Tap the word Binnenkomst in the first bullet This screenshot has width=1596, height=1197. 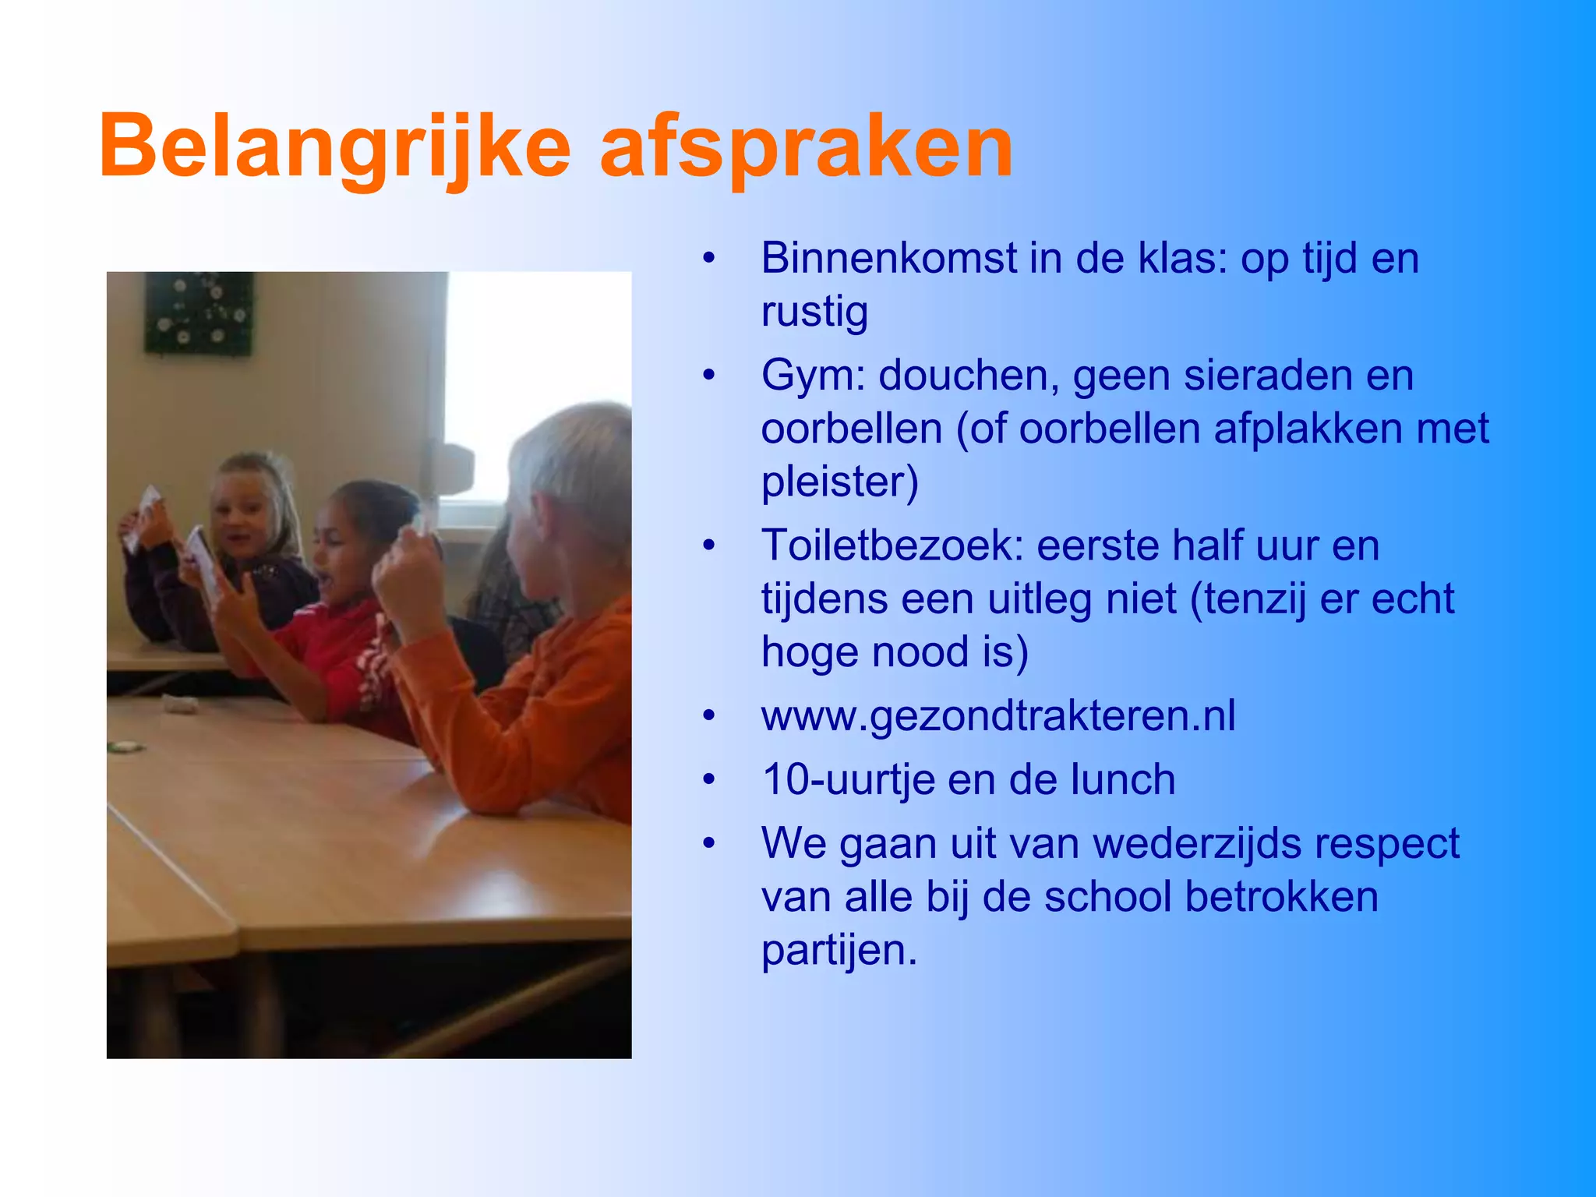(x=889, y=258)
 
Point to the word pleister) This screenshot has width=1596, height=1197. (x=840, y=482)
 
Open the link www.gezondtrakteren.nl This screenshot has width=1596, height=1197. (x=998, y=715)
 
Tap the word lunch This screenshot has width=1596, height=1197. (x=1122, y=779)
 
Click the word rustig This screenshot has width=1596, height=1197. (x=814, y=312)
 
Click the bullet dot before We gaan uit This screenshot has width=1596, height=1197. (x=708, y=843)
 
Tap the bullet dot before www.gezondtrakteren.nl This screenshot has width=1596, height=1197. (x=708, y=715)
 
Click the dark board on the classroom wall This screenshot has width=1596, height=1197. (x=199, y=312)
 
